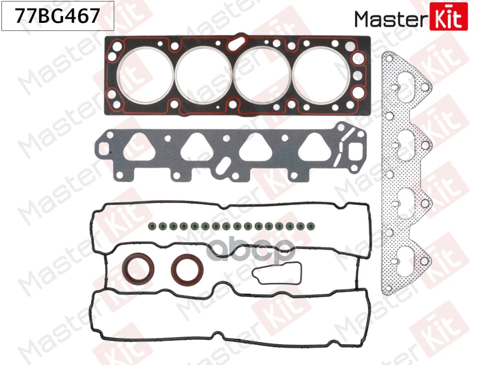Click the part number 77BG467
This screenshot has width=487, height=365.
pos(58,16)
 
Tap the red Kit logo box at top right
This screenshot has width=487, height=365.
pos(449,16)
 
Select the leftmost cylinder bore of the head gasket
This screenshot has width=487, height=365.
pos(145,75)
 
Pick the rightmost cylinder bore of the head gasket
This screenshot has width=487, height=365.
pos(321,75)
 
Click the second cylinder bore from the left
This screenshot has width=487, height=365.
pos(203,75)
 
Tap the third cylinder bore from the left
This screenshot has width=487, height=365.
pos(262,75)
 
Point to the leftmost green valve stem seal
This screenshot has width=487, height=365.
pos(152,226)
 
